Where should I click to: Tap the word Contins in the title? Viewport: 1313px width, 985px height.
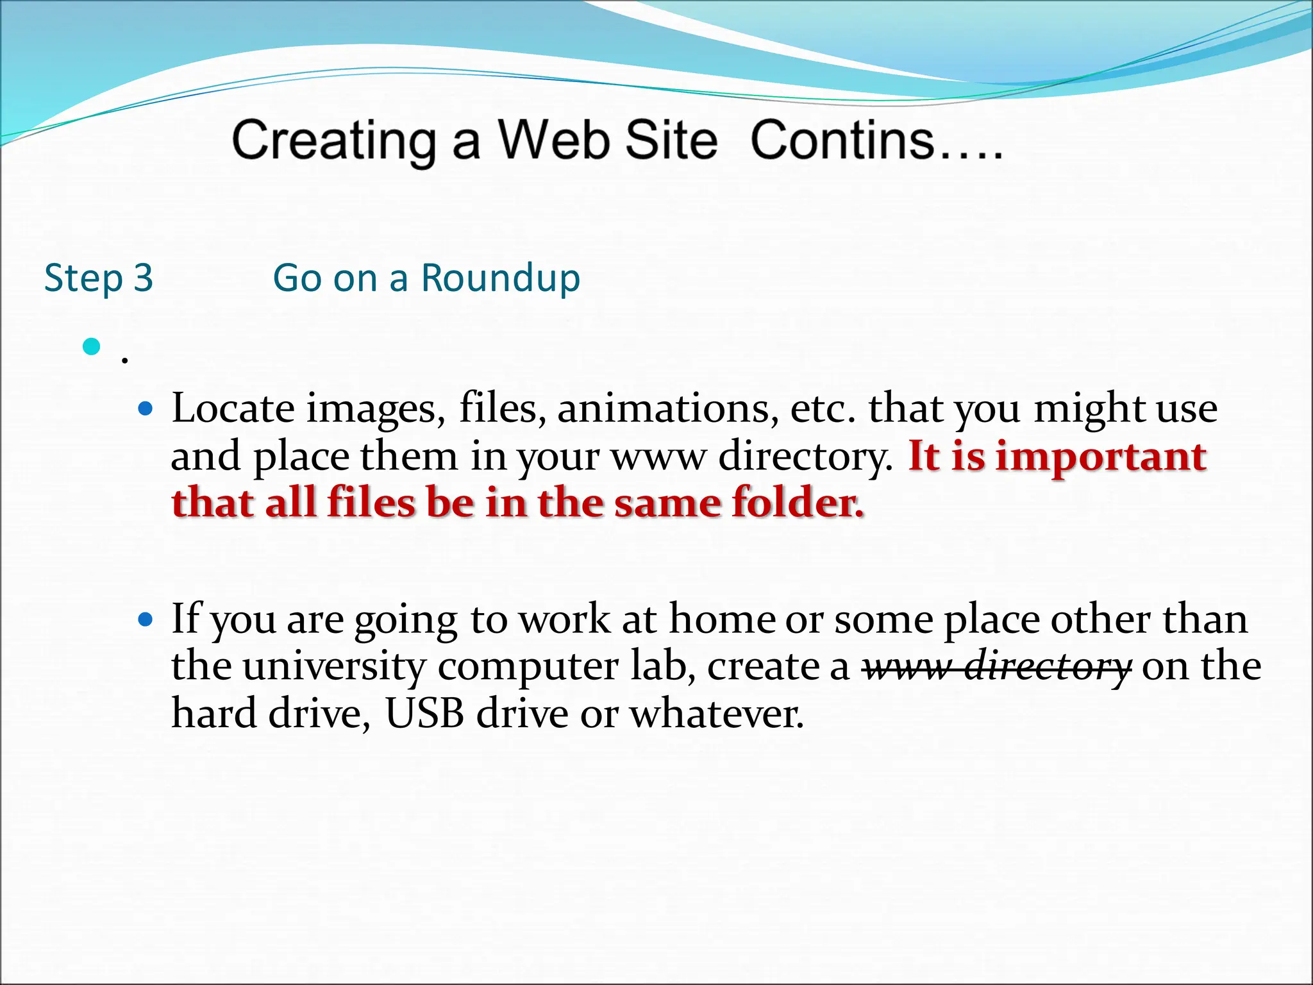[842, 140]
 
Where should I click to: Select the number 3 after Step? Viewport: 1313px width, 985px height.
[143, 278]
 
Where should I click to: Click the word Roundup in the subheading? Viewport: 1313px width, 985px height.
[500, 278]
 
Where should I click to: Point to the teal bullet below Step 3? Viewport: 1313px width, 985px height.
[92, 347]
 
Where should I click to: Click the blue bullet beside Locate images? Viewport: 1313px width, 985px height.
[146, 408]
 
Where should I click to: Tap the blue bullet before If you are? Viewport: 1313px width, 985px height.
[146, 619]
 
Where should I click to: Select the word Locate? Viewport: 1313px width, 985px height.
[233, 408]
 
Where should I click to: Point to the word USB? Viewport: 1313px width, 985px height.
[424, 713]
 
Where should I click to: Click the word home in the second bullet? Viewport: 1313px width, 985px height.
[722, 619]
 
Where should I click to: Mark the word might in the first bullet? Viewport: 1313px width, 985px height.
[1089, 409]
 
